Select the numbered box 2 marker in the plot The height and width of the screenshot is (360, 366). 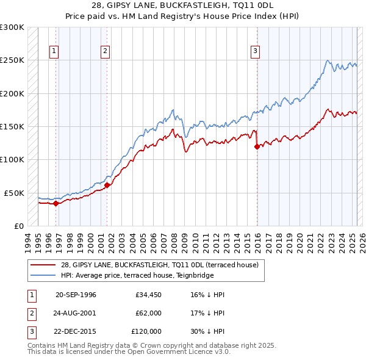point(106,51)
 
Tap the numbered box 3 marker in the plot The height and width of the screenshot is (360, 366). point(255,51)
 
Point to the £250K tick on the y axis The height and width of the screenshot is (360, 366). point(12,60)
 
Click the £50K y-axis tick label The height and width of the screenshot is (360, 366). point(15,193)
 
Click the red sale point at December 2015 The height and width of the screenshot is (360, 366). point(257,146)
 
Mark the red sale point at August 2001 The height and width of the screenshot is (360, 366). point(107,185)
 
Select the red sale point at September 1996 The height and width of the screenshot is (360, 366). point(56,203)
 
